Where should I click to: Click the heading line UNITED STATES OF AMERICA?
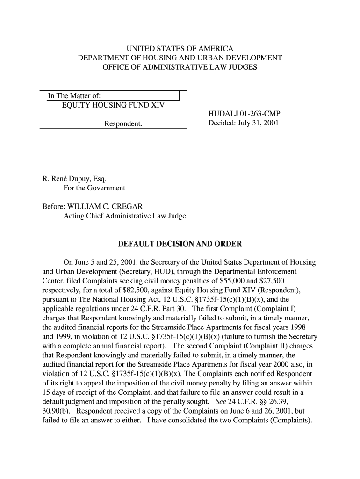tap(180, 49)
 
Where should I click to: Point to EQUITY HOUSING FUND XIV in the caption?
tap(113, 105)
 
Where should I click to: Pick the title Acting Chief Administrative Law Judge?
tap(124, 216)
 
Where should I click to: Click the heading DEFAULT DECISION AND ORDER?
tap(180, 244)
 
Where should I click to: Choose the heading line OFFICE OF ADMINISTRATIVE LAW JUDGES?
tap(180, 68)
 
